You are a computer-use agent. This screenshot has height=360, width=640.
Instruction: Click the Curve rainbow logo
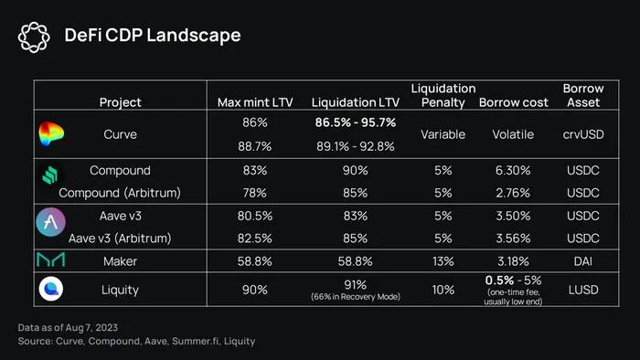pyautogui.click(x=51, y=133)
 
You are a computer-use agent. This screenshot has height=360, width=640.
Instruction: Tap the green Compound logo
pyautogui.click(x=50, y=175)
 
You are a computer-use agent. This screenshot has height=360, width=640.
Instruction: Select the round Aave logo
pyautogui.click(x=50, y=222)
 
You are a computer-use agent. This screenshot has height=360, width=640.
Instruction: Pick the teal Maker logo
pyautogui.click(x=50, y=259)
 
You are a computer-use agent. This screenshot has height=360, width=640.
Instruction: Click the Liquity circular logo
pyautogui.click(x=51, y=289)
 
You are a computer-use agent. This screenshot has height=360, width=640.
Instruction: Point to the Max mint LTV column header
pyautogui.click(x=255, y=102)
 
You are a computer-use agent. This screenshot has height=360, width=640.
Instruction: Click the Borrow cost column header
pyautogui.click(x=514, y=102)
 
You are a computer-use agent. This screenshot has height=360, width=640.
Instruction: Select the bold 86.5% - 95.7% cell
pyautogui.click(x=356, y=122)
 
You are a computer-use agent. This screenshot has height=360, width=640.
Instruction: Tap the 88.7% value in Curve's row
pyautogui.click(x=255, y=146)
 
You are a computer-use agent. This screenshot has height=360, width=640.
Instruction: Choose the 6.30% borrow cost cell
pyautogui.click(x=513, y=170)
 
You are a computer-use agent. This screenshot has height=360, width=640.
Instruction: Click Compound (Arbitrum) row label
pyautogui.click(x=120, y=193)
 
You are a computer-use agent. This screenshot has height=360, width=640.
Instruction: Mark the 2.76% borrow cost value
pyautogui.click(x=513, y=193)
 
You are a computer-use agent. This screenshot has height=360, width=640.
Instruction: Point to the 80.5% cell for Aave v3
pyautogui.click(x=255, y=216)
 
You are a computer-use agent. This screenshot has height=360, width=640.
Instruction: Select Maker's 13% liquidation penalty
pyautogui.click(x=443, y=261)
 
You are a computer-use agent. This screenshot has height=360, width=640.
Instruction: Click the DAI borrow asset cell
pyautogui.click(x=583, y=261)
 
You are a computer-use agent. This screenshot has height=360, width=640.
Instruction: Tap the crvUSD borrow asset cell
pyautogui.click(x=583, y=134)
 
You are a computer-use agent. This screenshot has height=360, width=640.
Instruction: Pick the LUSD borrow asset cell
pyautogui.click(x=583, y=290)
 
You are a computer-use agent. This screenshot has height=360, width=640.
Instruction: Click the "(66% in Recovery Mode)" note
pyautogui.click(x=356, y=297)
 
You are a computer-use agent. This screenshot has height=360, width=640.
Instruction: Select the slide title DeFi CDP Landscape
pyautogui.click(x=153, y=35)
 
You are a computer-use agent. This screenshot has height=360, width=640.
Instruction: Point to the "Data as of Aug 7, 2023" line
pyautogui.click(x=68, y=327)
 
